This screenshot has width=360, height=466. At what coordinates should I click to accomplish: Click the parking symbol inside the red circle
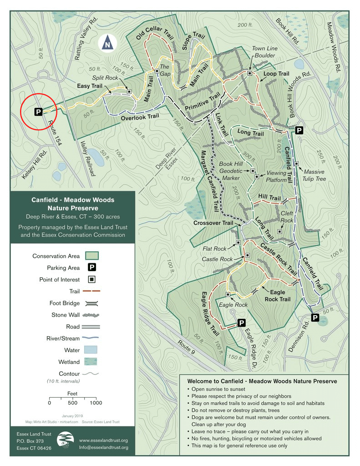point(38,112)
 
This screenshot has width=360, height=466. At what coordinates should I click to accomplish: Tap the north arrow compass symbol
point(107,43)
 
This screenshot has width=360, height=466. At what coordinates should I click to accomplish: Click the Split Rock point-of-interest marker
point(129,91)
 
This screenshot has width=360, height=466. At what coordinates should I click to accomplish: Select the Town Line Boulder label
point(264,52)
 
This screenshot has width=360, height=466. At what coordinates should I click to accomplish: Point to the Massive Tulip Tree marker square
point(296,164)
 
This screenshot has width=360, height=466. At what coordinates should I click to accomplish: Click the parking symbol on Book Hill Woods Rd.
point(299,131)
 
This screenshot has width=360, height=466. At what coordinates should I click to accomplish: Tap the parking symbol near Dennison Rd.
point(314,317)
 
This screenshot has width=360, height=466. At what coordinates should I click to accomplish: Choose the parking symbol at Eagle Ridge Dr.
point(241,323)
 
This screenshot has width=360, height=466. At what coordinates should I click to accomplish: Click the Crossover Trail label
point(213,223)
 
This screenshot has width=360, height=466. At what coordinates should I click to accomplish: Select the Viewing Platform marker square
point(257,176)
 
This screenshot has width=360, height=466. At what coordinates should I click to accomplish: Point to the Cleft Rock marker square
point(279,231)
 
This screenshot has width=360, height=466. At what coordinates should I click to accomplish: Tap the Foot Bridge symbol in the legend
point(91,303)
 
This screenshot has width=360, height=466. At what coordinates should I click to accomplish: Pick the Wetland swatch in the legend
point(91,362)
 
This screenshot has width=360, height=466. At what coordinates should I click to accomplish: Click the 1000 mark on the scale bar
point(96,403)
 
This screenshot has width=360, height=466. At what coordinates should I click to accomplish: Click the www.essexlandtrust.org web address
point(103,440)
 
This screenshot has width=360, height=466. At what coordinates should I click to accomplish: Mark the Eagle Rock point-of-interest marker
point(228,294)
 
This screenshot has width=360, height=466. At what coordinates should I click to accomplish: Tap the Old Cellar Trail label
point(155,33)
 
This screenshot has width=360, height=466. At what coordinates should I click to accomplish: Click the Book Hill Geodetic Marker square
point(252,170)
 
